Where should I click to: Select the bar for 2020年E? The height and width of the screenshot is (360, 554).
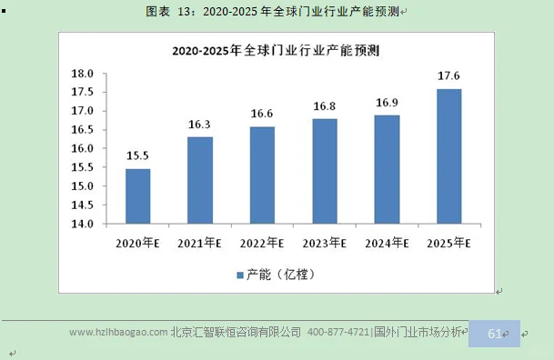click(x=138, y=195)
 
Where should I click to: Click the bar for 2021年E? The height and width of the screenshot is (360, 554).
click(x=200, y=180)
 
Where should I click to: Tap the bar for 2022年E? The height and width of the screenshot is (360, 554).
click(x=262, y=175)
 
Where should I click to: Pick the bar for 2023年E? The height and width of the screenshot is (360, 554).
click(x=325, y=171)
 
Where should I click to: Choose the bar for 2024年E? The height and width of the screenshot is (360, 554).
click(x=387, y=169)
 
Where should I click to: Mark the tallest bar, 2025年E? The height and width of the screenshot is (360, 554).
click(x=448, y=155)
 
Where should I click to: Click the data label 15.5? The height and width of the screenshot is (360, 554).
click(x=138, y=157)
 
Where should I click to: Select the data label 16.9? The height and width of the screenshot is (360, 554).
click(x=387, y=104)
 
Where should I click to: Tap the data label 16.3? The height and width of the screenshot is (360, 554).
click(x=200, y=125)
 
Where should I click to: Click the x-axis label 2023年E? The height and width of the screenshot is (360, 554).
click(x=325, y=244)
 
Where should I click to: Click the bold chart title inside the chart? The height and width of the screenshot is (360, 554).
click(x=275, y=51)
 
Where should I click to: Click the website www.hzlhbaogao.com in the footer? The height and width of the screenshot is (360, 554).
click(x=118, y=333)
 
